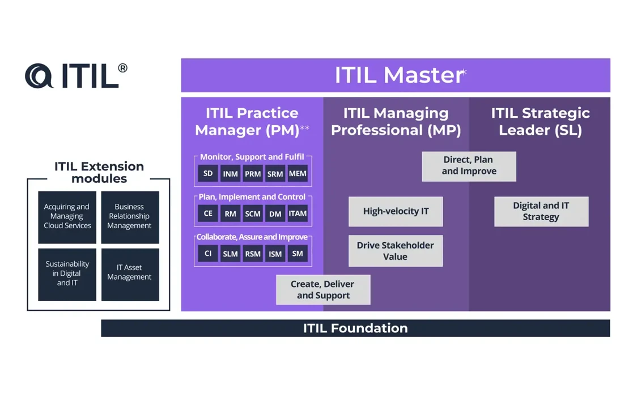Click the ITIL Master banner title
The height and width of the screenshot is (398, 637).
[x=399, y=75]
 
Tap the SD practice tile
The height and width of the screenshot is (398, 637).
[x=208, y=173]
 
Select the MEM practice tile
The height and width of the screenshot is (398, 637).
[x=298, y=173]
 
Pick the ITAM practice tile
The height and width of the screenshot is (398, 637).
[x=298, y=213]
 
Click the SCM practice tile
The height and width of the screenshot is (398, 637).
[x=253, y=213]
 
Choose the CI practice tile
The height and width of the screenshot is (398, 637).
[x=208, y=254]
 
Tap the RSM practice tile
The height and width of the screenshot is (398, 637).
[x=253, y=254]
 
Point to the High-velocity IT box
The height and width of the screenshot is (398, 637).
[x=396, y=211]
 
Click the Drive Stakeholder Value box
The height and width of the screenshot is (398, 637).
[x=396, y=251]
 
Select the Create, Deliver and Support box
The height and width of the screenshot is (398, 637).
[x=323, y=289]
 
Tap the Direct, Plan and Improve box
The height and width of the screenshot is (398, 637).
[x=469, y=166]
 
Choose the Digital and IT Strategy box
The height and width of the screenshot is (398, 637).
[x=541, y=211]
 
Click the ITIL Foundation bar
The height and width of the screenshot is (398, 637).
[x=355, y=328]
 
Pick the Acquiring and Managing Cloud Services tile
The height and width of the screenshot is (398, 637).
[x=67, y=217]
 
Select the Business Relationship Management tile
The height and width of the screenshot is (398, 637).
[x=130, y=217]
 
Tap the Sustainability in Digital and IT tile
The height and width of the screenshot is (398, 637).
[x=67, y=274]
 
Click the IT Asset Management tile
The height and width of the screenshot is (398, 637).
[x=130, y=274]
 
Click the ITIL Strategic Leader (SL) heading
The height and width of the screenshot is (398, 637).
[x=540, y=121]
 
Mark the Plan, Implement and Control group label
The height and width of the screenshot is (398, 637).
[x=252, y=197]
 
